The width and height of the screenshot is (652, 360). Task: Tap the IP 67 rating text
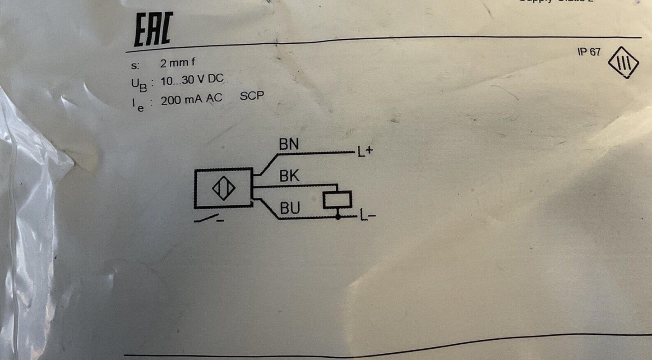[x=588, y=52]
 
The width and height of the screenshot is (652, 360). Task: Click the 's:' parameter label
[x=134, y=66]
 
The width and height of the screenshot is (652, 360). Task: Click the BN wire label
[x=289, y=145]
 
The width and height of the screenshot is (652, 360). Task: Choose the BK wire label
[x=289, y=176]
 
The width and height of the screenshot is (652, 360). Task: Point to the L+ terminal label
[x=364, y=153]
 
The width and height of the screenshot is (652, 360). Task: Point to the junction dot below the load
[x=338, y=217]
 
